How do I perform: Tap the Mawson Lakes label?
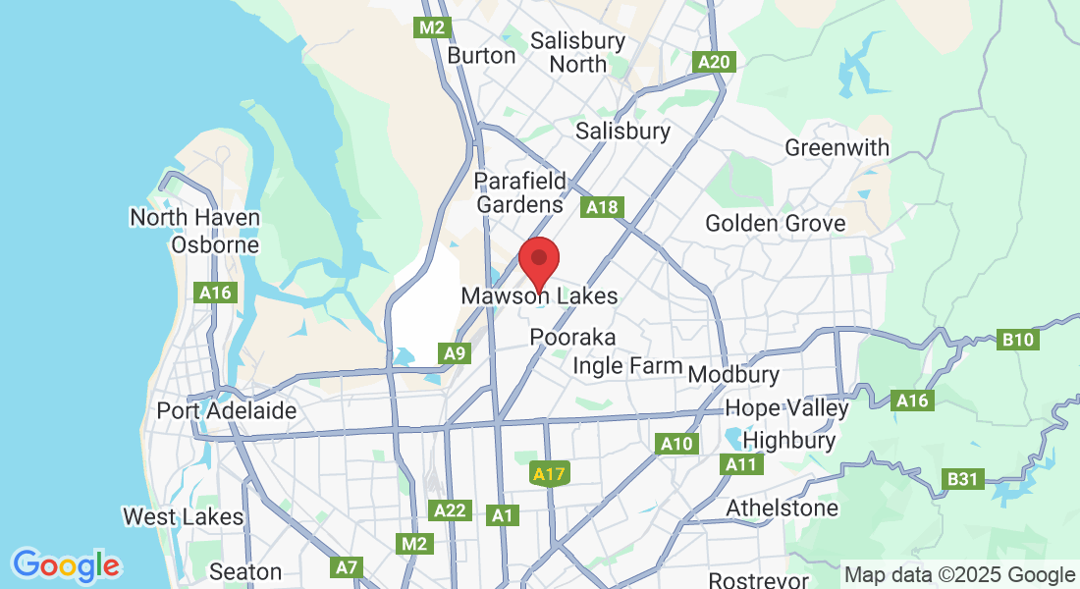coord(539,295)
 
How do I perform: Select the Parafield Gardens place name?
coord(520,192)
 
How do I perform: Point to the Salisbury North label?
coord(577,52)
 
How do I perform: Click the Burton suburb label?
coord(481,55)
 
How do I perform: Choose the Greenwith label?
coord(837,148)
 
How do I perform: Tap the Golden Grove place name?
coord(776,224)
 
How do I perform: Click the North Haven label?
coord(195,218)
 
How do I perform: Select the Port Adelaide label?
coord(227,410)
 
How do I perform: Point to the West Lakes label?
coord(183,516)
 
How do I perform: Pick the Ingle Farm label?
coord(627,366)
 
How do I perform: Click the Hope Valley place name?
coord(787,408)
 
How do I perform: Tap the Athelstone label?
coord(783,509)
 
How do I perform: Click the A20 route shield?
coord(714,62)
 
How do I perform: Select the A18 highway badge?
coord(602,207)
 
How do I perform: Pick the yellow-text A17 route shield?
coord(549,475)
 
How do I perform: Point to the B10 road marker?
coord(1018,341)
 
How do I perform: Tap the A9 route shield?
coord(454,353)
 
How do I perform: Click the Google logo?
coord(66,565)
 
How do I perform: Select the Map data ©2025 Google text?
coord(959,575)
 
